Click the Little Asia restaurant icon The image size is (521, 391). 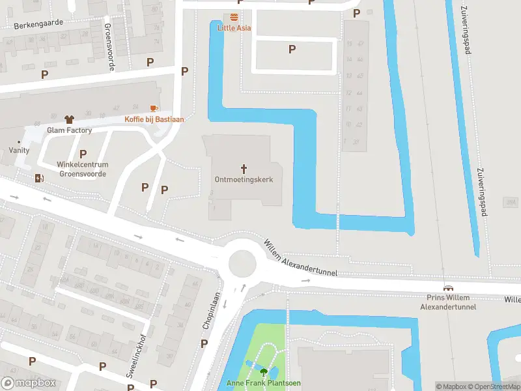coord(234,17)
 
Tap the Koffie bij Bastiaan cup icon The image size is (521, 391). coord(154,108)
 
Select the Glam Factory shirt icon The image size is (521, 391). coord(70,119)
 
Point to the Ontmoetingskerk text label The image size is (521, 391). coord(244,179)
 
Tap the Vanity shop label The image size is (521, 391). coord(19,150)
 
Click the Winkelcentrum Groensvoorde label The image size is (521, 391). coord(83,169)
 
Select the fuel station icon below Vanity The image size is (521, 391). coord(40,178)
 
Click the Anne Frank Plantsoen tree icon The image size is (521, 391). coord(263,372)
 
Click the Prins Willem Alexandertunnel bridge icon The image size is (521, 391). coord(448,288)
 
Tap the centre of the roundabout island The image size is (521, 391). coord(241,263)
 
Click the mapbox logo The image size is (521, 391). coord(28,383)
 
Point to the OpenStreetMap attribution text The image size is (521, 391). coord(496,387)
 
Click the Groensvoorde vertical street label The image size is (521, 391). coord(108,47)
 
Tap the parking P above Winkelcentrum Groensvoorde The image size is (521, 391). coord(83,154)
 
